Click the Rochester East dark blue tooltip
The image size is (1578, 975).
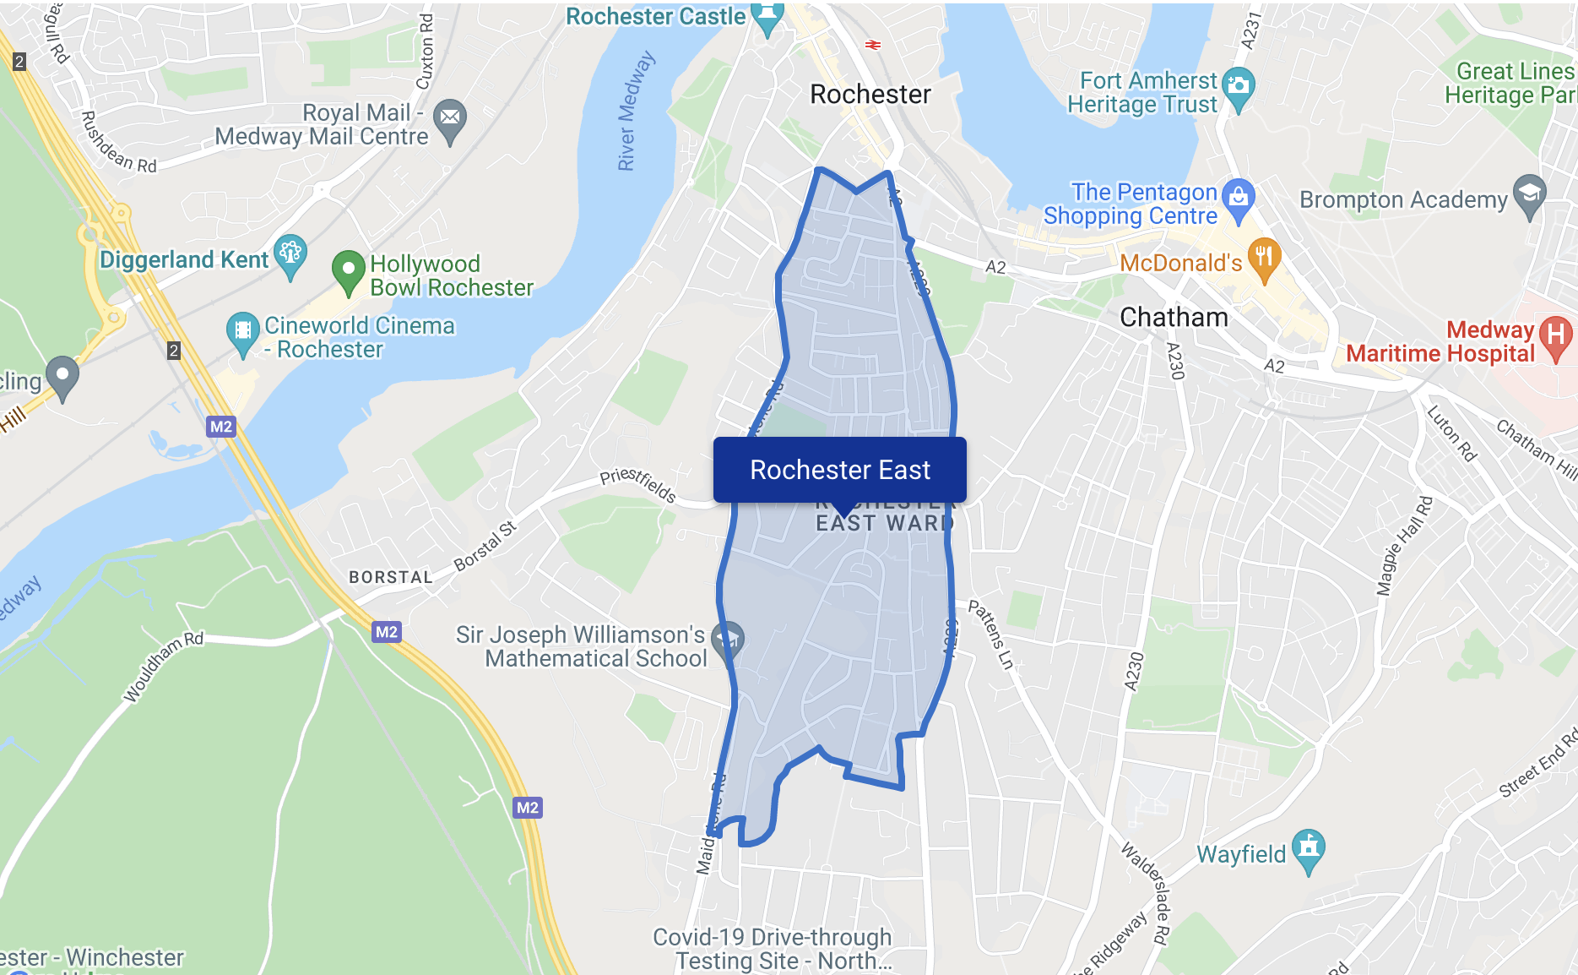839,470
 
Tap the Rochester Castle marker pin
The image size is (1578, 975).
767,18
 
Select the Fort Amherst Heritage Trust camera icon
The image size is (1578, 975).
1238,87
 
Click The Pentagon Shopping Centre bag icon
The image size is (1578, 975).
1238,199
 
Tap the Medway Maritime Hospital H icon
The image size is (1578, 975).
1555,335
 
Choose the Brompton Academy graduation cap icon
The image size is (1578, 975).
1529,194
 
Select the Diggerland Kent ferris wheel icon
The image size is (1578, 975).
290,254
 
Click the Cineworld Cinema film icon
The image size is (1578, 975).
242,331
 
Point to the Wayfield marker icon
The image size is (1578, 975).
1308,848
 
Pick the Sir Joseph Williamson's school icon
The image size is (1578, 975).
726,640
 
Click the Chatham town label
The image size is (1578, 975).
1174,318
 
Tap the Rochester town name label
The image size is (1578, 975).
870,95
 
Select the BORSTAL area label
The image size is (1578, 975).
391,577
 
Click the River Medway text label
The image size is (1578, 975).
636,111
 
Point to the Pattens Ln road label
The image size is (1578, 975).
990,635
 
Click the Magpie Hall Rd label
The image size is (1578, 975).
1404,545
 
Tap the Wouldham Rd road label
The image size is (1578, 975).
164,667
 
